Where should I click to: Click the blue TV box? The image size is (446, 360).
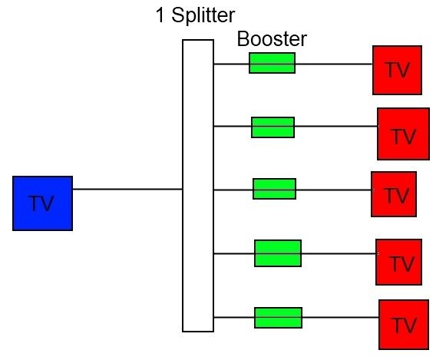[43, 203]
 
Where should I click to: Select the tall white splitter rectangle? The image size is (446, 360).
[198, 186]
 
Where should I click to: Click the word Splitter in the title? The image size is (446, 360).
[203, 15]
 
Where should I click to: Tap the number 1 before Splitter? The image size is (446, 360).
[160, 15]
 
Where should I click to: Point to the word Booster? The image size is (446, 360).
[272, 39]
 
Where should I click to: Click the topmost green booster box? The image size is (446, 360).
[273, 63]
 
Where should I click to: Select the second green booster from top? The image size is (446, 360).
[273, 127]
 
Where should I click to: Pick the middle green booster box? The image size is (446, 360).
[275, 189]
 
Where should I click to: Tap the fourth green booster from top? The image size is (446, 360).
[278, 253]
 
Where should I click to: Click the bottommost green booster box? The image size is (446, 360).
[278, 318]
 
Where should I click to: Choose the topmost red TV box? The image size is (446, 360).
[398, 71]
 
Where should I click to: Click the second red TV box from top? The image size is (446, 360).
[403, 134]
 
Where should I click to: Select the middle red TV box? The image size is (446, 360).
[394, 194]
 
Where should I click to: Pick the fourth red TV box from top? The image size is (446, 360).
[398, 263]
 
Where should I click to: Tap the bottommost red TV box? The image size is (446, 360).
[404, 325]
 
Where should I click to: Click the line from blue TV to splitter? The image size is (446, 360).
[127, 189]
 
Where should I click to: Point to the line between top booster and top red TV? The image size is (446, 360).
[334, 64]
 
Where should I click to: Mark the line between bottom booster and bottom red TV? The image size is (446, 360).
[341, 317]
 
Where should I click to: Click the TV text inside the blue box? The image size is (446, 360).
[41, 203]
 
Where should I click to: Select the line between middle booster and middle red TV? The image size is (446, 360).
[334, 190]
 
